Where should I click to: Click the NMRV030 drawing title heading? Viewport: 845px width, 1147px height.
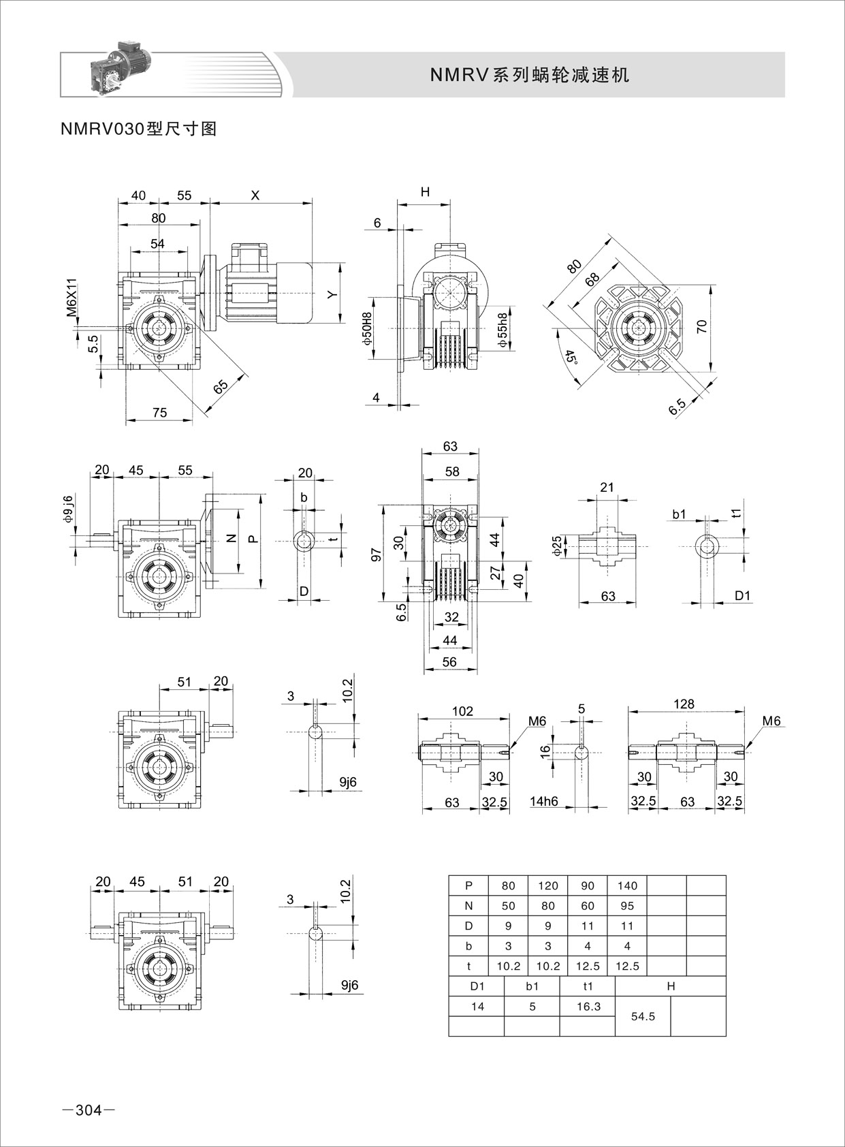tap(138, 129)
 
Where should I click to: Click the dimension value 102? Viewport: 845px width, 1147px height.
tap(462, 711)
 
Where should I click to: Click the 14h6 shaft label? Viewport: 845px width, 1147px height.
tap(544, 801)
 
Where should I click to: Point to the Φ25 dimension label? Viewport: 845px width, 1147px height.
tap(557, 546)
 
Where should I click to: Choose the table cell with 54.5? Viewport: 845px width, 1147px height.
tap(643, 1016)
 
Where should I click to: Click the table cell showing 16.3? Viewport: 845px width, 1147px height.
tap(588, 1006)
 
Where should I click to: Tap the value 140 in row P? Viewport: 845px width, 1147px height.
tap(627, 885)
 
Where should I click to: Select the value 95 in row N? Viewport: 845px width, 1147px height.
tap(627, 906)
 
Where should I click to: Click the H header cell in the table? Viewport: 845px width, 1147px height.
tap(671, 986)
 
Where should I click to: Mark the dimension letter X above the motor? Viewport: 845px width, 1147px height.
tap(255, 195)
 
